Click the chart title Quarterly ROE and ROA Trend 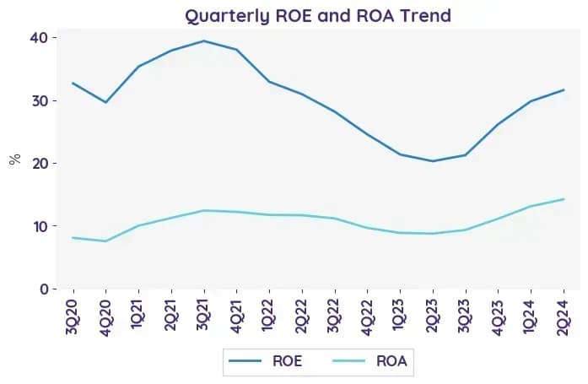[318, 16]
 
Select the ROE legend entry [266, 361]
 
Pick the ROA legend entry [370, 361]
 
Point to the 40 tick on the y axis [39, 38]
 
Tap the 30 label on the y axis [40, 101]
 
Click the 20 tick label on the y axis [40, 164]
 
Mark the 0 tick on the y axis [44, 289]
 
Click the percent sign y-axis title [15, 160]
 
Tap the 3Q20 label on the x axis [72, 316]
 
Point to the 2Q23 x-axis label [433, 316]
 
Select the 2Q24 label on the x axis [564, 316]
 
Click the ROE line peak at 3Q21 [203, 41]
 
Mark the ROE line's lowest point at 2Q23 [433, 161]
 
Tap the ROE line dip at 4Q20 [105, 102]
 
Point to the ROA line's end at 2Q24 [564, 199]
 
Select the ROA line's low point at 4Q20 [105, 241]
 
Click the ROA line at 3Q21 [203, 210]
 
